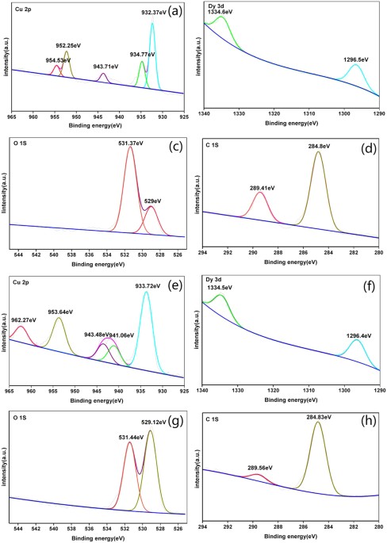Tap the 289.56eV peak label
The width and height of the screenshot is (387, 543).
pos(259,467)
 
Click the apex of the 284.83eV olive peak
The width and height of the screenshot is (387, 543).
pos(318,422)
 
